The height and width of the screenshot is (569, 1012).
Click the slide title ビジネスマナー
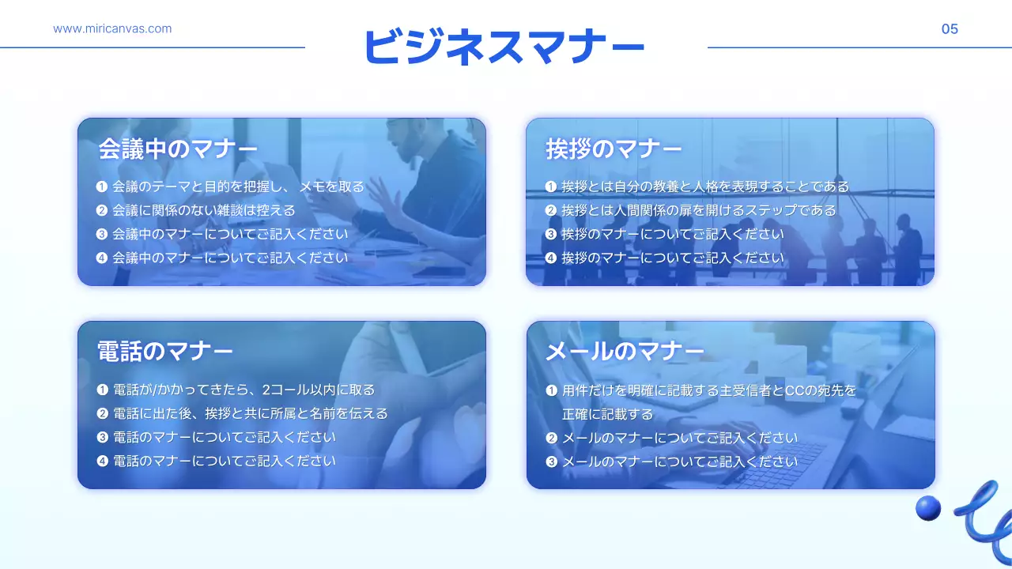pos(504,47)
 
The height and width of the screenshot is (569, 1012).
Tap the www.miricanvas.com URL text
pos(112,29)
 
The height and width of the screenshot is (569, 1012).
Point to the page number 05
pos(950,29)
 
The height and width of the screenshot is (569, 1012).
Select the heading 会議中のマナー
pos(178,149)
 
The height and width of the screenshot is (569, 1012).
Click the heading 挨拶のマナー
pos(614,149)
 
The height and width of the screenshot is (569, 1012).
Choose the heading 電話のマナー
pos(165,351)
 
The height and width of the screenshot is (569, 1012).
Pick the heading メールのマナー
pos(625,351)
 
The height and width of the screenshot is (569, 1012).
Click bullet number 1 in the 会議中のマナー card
pos(101,187)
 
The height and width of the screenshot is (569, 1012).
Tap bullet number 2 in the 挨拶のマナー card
pos(551,211)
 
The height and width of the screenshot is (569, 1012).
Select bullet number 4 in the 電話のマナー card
pos(102,461)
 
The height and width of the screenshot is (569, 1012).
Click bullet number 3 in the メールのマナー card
pos(551,462)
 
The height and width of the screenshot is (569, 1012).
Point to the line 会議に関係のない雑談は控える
pos(203,211)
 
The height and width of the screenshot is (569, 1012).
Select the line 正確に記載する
pos(607,414)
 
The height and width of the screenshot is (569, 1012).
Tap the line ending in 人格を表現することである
pos(705,187)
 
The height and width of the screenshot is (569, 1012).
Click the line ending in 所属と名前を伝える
pos(251,413)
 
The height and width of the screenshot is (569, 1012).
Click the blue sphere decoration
pos(928,508)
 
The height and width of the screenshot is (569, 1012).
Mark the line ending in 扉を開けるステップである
pos(698,211)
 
